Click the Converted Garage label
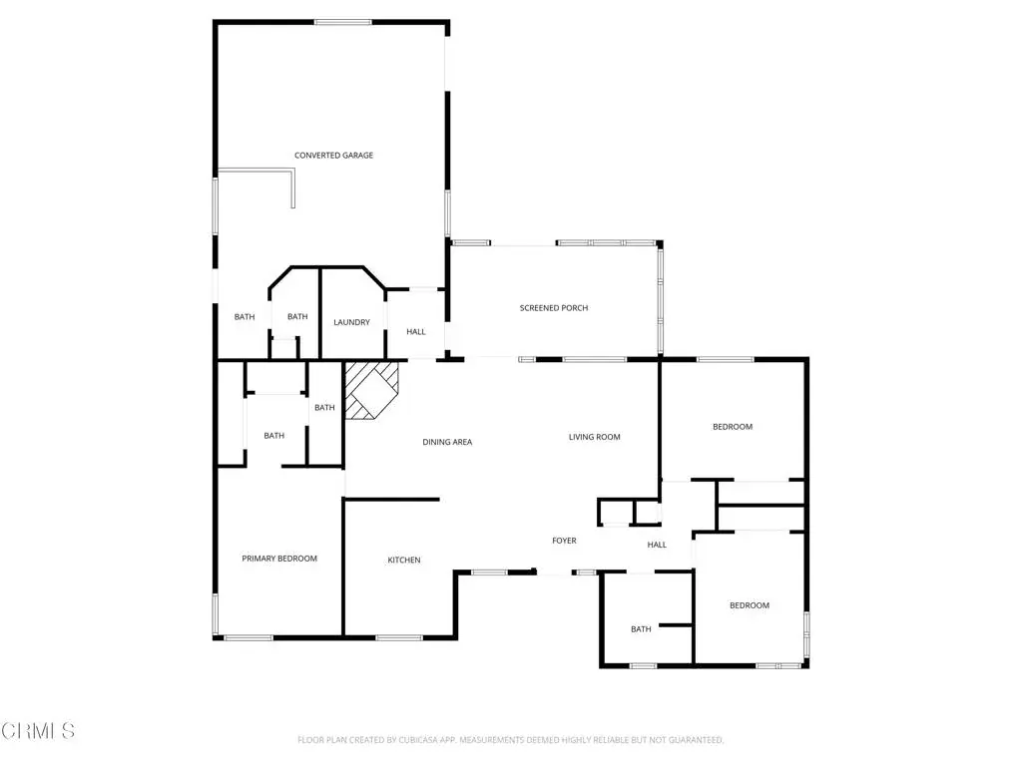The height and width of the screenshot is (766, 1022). pyautogui.click(x=333, y=155)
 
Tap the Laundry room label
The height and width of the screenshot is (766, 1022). pyautogui.click(x=351, y=322)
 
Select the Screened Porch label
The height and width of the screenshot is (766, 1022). pyautogui.click(x=553, y=307)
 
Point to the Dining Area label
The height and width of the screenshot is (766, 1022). pyautogui.click(x=447, y=442)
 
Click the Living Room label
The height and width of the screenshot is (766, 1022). pyautogui.click(x=595, y=437)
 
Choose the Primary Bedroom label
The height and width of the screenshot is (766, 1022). pyautogui.click(x=279, y=559)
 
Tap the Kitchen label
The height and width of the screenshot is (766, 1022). pyautogui.click(x=404, y=560)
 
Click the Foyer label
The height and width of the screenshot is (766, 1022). pyautogui.click(x=564, y=540)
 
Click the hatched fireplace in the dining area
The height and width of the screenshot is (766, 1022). pyautogui.click(x=371, y=390)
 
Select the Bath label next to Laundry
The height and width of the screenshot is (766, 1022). pyautogui.click(x=297, y=316)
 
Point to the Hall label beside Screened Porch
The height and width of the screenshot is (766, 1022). pyautogui.click(x=416, y=331)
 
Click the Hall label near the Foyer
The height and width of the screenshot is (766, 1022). pyautogui.click(x=657, y=545)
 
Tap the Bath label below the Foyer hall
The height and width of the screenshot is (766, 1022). pyautogui.click(x=641, y=628)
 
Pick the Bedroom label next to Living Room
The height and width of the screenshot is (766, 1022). pyautogui.click(x=733, y=427)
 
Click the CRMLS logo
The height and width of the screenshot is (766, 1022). pyautogui.click(x=38, y=731)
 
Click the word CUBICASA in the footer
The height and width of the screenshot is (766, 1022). pyautogui.click(x=418, y=740)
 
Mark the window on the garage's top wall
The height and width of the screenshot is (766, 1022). pyautogui.click(x=343, y=22)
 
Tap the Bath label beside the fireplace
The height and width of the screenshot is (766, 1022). pyautogui.click(x=324, y=407)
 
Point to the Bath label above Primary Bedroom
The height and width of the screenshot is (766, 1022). pyautogui.click(x=273, y=435)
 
